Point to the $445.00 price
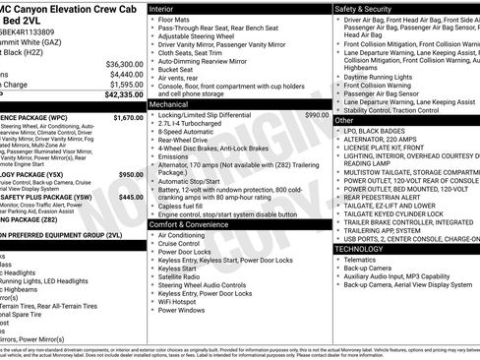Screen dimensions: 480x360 pyautogui.click(x=131, y=197)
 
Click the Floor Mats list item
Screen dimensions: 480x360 pyautogui.click(x=177, y=20)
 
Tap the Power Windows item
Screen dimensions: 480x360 pyautogui.click(x=183, y=309)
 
